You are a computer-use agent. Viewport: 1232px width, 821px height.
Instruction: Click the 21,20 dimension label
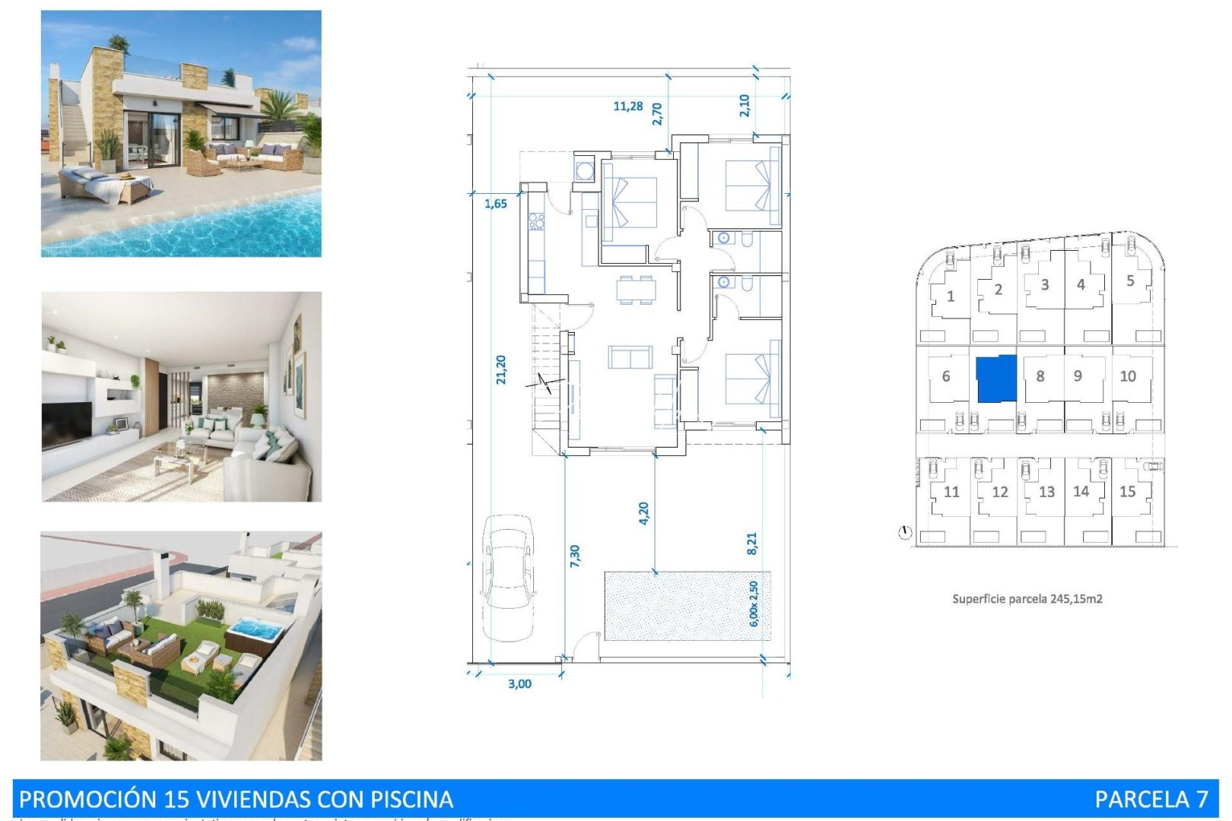click(500, 369)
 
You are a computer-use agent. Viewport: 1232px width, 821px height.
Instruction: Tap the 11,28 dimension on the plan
click(627, 106)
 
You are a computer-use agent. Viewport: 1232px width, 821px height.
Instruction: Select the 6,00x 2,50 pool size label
click(754, 604)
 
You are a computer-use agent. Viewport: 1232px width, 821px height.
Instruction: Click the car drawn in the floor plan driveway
click(508, 578)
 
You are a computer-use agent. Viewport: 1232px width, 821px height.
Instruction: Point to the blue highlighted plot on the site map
click(996, 378)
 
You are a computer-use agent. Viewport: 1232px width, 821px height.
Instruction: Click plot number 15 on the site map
click(1127, 492)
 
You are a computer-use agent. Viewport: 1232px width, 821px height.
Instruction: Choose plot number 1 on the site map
click(951, 296)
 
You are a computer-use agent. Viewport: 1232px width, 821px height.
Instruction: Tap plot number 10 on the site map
click(1128, 376)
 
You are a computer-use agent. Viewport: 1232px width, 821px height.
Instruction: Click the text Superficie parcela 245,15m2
click(1027, 599)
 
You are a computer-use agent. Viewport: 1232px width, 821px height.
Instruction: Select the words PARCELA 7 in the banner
click(1151, 799)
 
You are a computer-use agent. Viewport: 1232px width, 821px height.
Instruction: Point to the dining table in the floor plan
click(637, 290)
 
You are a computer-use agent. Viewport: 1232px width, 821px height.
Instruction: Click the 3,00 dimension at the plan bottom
click(519, 683)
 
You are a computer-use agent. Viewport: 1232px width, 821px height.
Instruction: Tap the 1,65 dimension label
click(495, 204)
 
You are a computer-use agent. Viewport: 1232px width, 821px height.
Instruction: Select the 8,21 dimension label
click(751, 543)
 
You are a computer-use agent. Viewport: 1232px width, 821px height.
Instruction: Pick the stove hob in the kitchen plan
click(536, 222)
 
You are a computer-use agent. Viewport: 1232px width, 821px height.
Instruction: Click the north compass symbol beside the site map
click(904, 532)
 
